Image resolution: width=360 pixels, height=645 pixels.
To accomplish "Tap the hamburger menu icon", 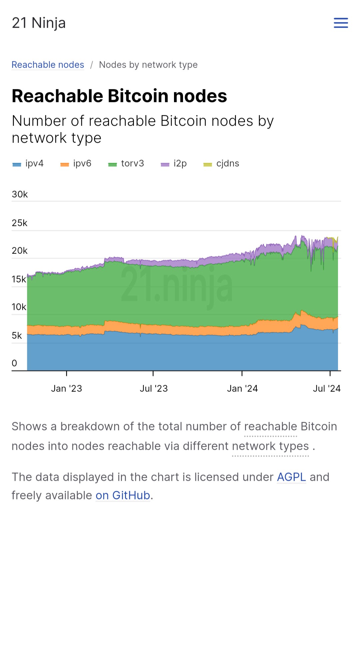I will pyautogui.click(x=341, y=23).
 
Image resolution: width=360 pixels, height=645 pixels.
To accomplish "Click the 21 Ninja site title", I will pyautogui.click(x=39, y=23).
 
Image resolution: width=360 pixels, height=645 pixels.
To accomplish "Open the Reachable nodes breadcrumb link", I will pyautogui.click(x=48, y=65).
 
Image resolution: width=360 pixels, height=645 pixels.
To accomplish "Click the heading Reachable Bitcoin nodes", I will pyautogui.click(x=119, y=96).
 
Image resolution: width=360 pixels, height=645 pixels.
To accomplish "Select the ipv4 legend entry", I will pyautogui.click(x=28, y=164).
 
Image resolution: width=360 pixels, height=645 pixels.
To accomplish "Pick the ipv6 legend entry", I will pyautogui.click(x=76, y=164).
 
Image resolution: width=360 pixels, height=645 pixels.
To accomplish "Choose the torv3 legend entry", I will pyautogui.click(x=126, y=164).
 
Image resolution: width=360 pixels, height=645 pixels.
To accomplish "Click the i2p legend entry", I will pyautogui.click(x=174, y=164).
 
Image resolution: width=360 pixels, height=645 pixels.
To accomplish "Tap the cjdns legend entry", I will pyautogui.click(x=222, y=164).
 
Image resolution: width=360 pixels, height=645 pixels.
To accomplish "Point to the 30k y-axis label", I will pyautogui.click(x=20, y=194).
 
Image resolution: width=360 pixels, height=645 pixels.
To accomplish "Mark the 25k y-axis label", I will pyautogui.click(x=20, y=223).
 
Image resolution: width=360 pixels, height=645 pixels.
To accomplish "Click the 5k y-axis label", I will pyautogui.click(x=17, y=335).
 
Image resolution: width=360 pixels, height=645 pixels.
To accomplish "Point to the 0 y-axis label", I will pyautogui.click(x=14, y=363).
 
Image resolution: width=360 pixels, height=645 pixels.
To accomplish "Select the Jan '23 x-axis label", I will pyautogui.click(x=66, y=388).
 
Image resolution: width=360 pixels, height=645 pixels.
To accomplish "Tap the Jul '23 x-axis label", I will pyautogui.click(x=154, y=388).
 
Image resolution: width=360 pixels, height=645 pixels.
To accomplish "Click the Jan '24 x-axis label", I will pyautogui.click(x=242, y=388).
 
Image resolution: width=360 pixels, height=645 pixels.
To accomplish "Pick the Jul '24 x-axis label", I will pyautogui.click(x=327, y=388).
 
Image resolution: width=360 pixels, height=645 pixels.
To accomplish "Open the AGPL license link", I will pyautogui.click(x=291, y=477).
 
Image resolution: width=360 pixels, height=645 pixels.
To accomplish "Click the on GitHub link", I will pyautogui.click(x=123, y=495).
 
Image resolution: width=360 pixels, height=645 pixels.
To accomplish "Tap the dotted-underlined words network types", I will pyautogui.click(x=270, y=446).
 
